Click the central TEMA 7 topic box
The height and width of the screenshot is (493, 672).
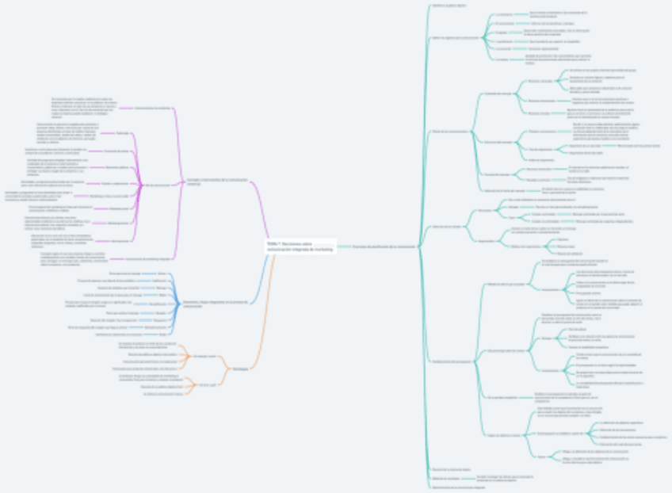pos(300,246)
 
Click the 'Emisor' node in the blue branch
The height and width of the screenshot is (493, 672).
pos(162,273)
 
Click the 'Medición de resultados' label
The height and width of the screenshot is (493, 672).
pos(449,479)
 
